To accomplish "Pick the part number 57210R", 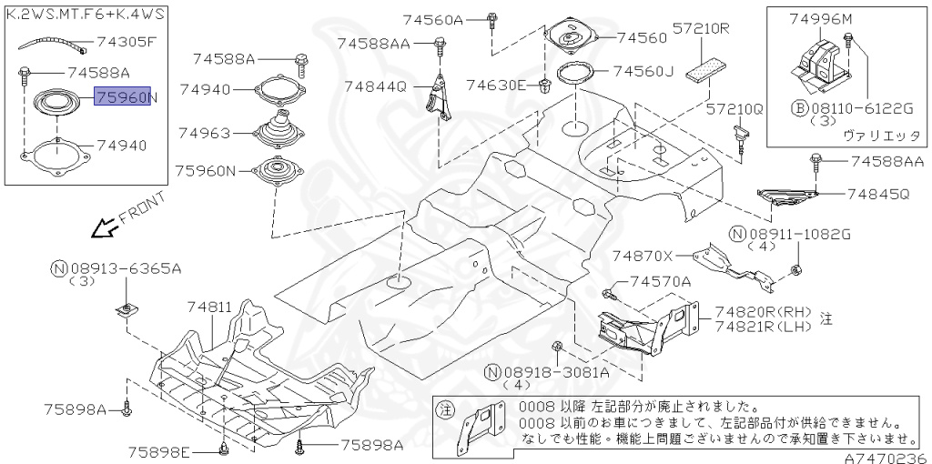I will click(x=702, y=28).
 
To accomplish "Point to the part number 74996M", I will click(x=821, y=18).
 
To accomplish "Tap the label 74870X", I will click(x=643, y=257).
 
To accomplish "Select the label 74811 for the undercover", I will click(x=210, y=308).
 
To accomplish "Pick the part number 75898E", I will click(x=158, y=451).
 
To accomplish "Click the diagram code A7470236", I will click(x=890, y=458).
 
